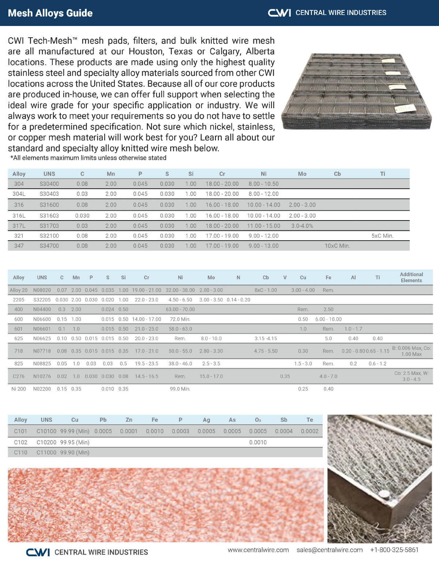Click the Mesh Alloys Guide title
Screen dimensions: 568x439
coord(50,13)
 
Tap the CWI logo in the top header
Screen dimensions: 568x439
coord(279,13)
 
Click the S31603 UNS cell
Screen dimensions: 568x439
coord(49,216)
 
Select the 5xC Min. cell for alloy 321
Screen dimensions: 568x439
coord(382,236)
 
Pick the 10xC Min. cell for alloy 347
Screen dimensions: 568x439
coord(337,246)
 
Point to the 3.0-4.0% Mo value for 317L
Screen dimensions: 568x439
coord(302,226)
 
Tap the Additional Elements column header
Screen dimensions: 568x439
coord(411,277)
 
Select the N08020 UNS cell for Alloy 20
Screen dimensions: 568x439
coord(42,290)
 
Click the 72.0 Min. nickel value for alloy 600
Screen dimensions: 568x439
coord(180,319)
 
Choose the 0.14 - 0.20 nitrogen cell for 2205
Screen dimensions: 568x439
coord(238,300)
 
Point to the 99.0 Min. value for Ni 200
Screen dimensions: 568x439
coord(180,389)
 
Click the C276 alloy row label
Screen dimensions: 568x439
coord(18,376)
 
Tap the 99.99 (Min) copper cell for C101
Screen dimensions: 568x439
coord(75,431)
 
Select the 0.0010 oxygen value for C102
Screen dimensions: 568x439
coord(258,442)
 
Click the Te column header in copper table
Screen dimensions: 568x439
coord(309,420)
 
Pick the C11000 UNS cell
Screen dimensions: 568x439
coord(46,452)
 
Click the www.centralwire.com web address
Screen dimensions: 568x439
coord(258,550)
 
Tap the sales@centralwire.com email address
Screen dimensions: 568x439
coord(329,550)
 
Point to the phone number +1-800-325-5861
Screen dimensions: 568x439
coord(394,550)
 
